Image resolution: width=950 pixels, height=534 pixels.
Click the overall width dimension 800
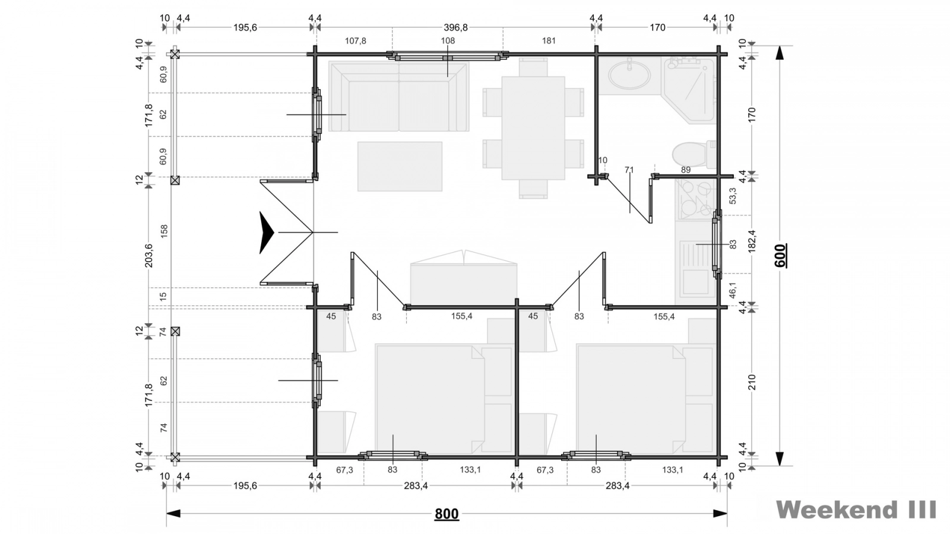pos(446,514)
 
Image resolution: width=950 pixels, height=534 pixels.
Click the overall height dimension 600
pos(780,256)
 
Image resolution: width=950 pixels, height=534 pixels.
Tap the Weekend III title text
pos(856,510)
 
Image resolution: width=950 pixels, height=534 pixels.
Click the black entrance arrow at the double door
pos(267,233)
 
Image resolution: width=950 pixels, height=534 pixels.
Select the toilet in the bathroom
pos(694,155)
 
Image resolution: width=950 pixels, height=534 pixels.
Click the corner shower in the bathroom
pos(689,90)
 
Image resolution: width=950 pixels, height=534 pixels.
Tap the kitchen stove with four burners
pos(695,199)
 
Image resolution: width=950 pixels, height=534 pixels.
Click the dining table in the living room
pos(533,128)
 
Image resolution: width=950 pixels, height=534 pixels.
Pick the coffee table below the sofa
pos(400,166)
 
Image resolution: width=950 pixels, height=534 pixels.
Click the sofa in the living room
pos(398,97)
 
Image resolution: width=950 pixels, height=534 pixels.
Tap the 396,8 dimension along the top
pos(455,27)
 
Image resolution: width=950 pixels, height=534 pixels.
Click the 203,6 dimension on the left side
pos(149,255)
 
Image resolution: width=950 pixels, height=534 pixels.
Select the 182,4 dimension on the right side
pos(752,241)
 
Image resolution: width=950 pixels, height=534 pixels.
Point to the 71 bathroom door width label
pos(629,170)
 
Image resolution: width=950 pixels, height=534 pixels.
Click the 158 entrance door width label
pos(164,231)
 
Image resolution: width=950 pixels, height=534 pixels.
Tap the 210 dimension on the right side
pos(752,382)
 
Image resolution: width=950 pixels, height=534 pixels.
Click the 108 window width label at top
pos(448,41)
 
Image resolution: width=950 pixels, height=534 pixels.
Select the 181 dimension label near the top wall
pos(549,41)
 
